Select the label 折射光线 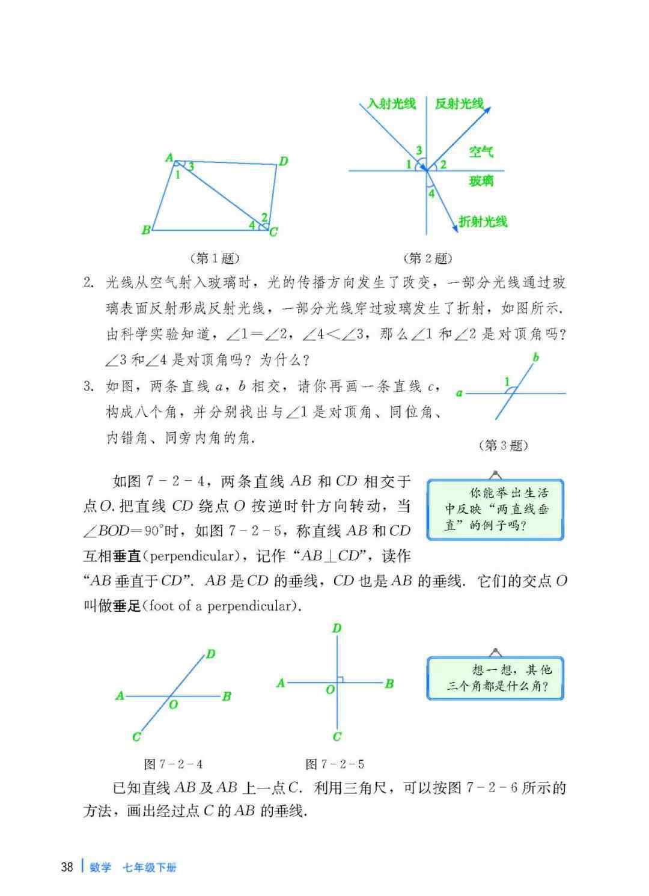483,221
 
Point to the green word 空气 481,151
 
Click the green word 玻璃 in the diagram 481,180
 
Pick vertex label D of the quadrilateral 283,160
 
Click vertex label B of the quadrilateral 146,230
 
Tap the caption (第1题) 214,258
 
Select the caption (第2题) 428,258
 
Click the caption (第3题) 504,445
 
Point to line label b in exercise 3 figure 535,358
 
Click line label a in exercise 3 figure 459,394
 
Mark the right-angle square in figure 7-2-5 340,680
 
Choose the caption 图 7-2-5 335,764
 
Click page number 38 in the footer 67,867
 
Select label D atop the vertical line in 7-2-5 337,628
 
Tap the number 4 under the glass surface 431,194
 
